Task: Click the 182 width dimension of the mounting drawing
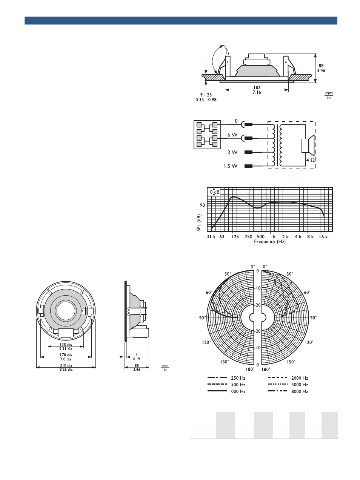[x=257, y=87]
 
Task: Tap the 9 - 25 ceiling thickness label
[x=206, y=95]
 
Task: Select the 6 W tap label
[x=232, y=135]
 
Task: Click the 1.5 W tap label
[x=231, y=166]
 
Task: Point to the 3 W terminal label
[x=232, y=152]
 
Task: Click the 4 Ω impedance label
[x=310, y=160]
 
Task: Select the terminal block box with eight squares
[x=207, y=135]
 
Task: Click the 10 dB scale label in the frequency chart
[x=213, y=192]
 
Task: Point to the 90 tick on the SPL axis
[x=202, y=205]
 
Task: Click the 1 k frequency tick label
[x=272, y=237]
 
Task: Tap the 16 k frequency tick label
[x=323, y=237]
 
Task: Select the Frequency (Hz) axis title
[x=270, y=242]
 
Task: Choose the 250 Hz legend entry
[x=226, y=378]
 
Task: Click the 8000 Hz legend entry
[x=288, y=391]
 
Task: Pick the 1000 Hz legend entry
[x=226, y=391]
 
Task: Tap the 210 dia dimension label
[x=66, y=365]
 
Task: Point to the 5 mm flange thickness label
[x=137, y=355]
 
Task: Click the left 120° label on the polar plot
[x=206, y=342]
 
